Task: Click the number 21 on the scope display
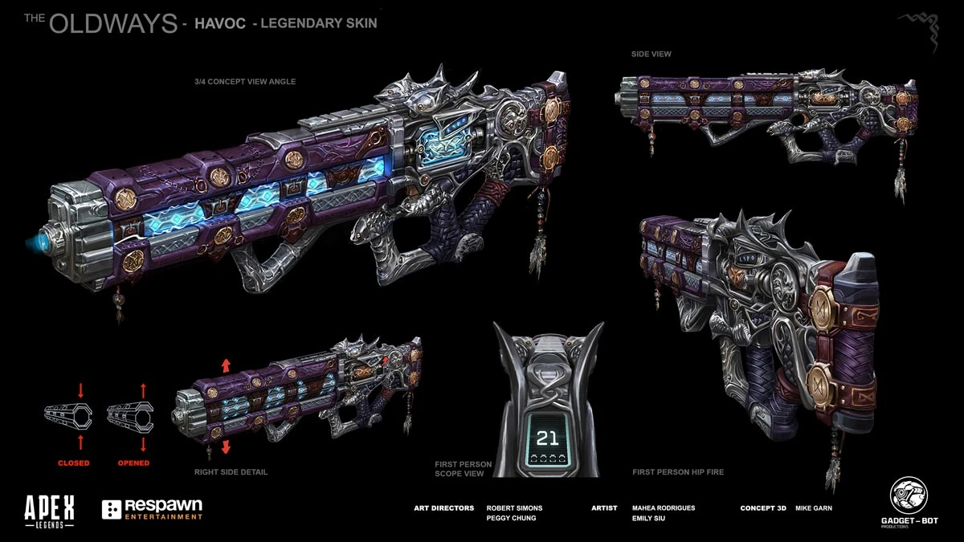pyautogui.click(x=548, y=438)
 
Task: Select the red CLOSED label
pyautogui.click(x=73, y=463)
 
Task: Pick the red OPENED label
pyautogui.click(x=133, y=463)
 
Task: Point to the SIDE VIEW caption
pyautogui.click(x=651, y=54)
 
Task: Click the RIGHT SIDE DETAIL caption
pyautogui.click(x=231, y=472)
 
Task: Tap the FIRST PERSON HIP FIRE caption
pyautogui.click(x=677, y=472)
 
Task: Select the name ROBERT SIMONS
pyautogui.click(x=514, y=508)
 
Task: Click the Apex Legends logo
pyautogui.click(x=50, y=509)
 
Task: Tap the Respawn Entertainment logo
pyautogui.click(x=153, y=510)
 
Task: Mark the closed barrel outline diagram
pyautogui.click(x=68, y=415)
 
